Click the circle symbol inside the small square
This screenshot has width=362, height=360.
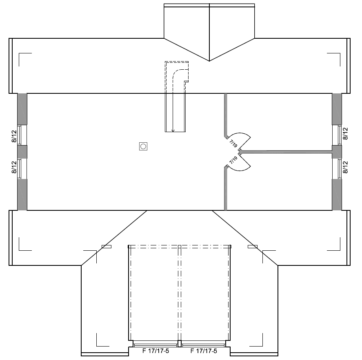click(143, 146)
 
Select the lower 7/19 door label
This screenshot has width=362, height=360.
click(233, 160)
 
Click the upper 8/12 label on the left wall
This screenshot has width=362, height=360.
click(14, 136)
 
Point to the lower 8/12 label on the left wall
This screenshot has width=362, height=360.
click(14, 167)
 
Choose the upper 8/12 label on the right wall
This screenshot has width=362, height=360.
click(345, 134)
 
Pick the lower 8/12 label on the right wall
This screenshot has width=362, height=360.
click(345, 167)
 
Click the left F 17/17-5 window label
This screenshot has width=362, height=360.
click(155, 351)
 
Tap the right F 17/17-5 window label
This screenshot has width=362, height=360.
click(204, 351)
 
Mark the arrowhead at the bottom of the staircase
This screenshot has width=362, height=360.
click(173, 131)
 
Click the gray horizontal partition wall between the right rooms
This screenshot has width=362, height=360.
click(286, 152)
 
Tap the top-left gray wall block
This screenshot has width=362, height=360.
click(22, 109)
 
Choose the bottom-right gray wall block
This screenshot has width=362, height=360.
click(337, 194)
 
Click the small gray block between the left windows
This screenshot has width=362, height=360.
click(22, 152)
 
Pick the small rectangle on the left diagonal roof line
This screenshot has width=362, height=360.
click(107, 247)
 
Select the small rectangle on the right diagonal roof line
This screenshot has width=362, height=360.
click(253, 247)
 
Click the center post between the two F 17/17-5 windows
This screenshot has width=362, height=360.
click(180, 343)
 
